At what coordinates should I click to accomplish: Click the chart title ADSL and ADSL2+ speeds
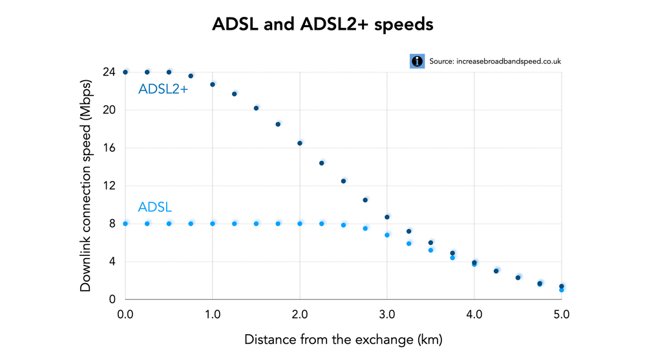click(322, 25)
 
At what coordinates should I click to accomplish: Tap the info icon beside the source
click(418, 61)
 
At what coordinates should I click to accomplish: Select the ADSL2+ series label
click(163, 90)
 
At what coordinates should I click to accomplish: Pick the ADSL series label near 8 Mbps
click(154, 207)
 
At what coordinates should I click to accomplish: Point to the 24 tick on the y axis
click(110, 72)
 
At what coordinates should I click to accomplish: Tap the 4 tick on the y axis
click(112, 262)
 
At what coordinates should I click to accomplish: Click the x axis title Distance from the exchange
click(343, 339)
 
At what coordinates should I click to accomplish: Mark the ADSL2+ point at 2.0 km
click(300, 143)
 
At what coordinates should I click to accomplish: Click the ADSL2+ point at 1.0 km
click(213, 84)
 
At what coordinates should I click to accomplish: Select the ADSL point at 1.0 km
click(213, 224)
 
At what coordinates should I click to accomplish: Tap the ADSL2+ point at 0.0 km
click(125, 72)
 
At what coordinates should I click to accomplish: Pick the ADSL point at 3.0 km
click(387, 235)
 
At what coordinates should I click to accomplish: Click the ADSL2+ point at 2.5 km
click(343, 181)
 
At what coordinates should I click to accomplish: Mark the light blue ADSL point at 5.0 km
click(562, 290)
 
